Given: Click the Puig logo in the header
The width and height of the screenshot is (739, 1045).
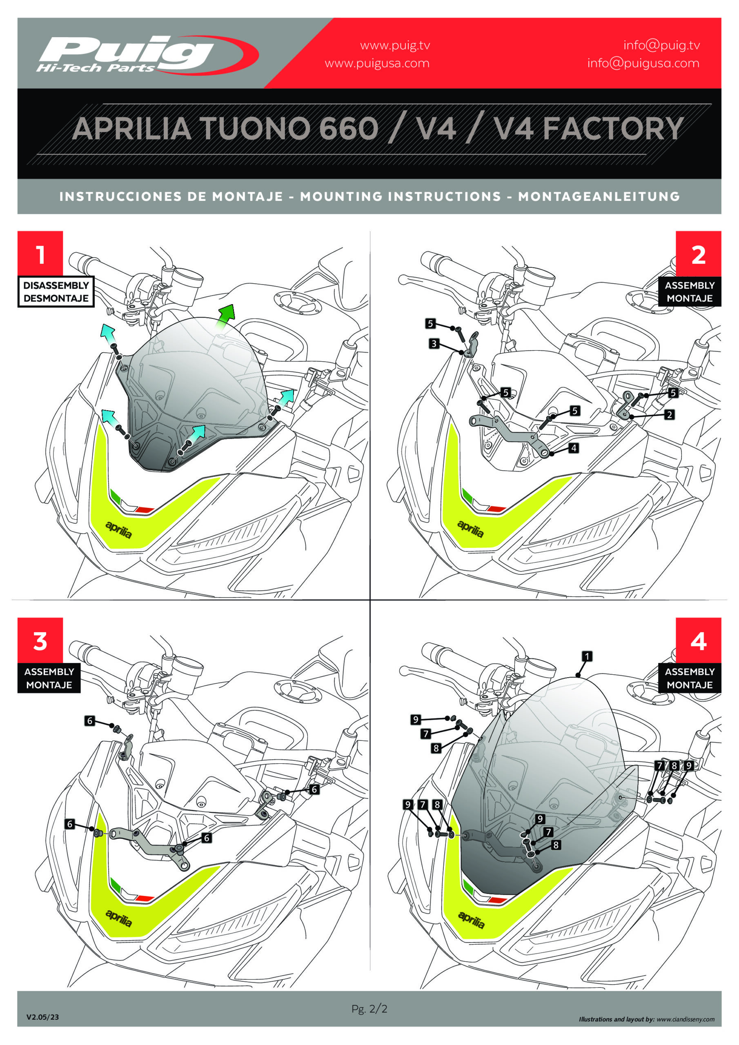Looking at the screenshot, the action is [x=147, y=55].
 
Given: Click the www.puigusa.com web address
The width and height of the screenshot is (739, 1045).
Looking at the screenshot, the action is [x=377, y=63].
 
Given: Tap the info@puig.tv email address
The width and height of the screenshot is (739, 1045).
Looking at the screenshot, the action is [x=661, y=45].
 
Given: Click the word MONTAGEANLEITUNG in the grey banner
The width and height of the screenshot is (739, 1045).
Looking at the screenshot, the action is [x=599, y=197].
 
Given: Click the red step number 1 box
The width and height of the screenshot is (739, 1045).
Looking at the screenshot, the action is [x=40, y=253].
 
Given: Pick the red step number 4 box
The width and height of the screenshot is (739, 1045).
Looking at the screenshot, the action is [x=699, y=640].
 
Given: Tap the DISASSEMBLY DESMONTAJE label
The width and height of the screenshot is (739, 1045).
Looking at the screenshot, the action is [x=56, y=292].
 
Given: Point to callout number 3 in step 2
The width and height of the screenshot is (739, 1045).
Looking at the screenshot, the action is [x=434, y=344].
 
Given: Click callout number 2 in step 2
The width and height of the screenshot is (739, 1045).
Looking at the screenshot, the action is [x=669, y=415].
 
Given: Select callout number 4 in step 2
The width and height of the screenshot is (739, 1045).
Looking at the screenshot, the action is [x=574, y=448].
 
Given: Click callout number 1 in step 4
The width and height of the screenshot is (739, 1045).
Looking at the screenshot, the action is [x=588, y=656].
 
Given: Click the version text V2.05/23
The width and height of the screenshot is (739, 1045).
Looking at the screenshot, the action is [x=42, y=1017].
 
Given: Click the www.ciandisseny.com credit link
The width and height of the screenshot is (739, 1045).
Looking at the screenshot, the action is [x=686, y=1019].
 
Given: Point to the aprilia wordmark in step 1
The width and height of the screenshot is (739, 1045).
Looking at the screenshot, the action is [x=119, y=529].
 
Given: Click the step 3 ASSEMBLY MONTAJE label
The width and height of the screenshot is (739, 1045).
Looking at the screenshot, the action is [x=49, y=678].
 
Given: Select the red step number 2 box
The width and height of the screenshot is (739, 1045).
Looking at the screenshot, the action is [x=699, y=253].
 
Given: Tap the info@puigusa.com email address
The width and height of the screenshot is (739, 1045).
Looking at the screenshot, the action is [x=643, y=63].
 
